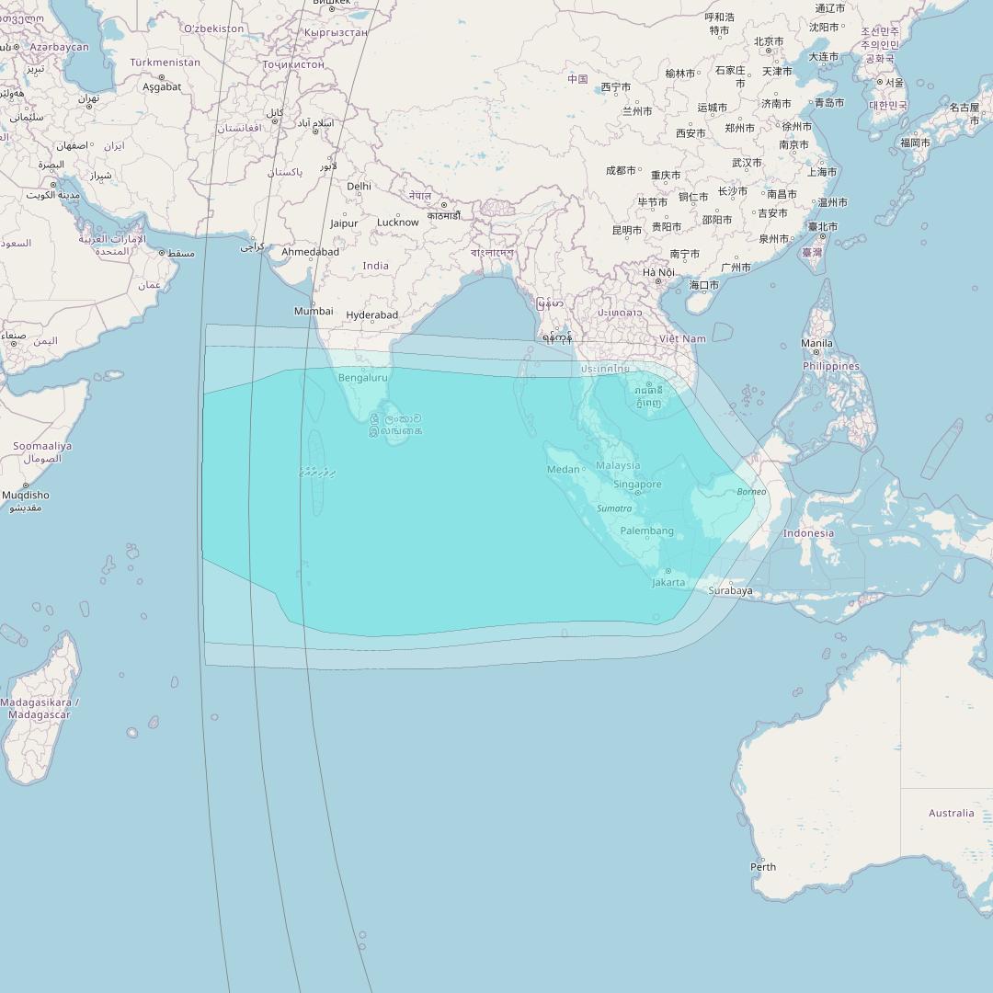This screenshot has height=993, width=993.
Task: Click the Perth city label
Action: tap(763, 867)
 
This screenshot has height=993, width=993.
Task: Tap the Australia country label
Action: tap(951, 813)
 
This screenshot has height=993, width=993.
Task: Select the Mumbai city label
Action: tap(314, 311)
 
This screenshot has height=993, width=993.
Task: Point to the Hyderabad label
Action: tap(372, 315)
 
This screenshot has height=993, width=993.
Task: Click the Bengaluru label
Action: tap(363, 378)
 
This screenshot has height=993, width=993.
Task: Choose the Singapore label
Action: tap(637, 485)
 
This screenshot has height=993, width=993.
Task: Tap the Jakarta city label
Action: tap(668, 582)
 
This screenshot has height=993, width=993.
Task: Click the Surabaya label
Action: tap(730, 591)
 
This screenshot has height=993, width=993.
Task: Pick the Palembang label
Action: tap(647, 531)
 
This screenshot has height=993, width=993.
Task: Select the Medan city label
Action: tap(564, 470)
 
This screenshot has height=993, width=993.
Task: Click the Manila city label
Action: tap(816, 344)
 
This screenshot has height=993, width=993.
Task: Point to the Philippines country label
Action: tap(831, 366)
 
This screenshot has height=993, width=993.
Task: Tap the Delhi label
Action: tap(360, 187)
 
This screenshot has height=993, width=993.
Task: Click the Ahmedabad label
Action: tap(310, 252)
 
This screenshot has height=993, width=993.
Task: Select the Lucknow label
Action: tap(398, 223)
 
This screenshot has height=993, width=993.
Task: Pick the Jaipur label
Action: tap(344, 223)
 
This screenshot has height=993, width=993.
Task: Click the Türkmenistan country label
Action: tap(165, 63)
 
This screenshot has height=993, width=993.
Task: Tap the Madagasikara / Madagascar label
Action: tap(40, 709)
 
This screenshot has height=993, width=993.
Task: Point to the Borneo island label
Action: tap(751, 492)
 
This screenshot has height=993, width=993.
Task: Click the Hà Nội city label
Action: tap(658, 273)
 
